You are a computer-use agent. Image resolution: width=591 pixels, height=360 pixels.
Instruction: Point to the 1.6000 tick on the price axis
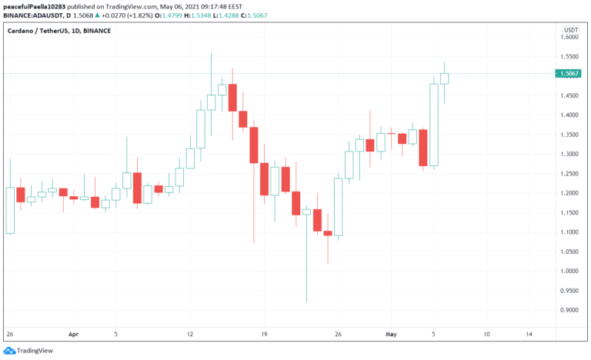[x=570, y=37]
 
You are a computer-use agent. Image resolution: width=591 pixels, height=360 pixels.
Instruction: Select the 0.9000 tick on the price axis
[x=570, y=310]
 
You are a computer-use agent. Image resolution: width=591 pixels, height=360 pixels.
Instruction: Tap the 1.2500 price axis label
[x=570, y=173]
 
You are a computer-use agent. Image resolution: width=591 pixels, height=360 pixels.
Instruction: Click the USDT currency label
[x=571, y=28]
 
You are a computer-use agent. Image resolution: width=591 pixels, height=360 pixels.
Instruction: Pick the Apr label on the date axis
[x=74, y=335]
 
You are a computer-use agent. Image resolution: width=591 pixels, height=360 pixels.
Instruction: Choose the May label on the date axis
[x=391, y=335]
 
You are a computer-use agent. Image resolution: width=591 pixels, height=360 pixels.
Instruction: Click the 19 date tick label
[x=264, y=335]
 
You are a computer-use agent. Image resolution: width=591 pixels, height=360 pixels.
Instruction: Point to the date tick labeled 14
[x=529, y=335]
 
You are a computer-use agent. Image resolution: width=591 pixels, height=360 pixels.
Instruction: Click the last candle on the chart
[x=444, y=78]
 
